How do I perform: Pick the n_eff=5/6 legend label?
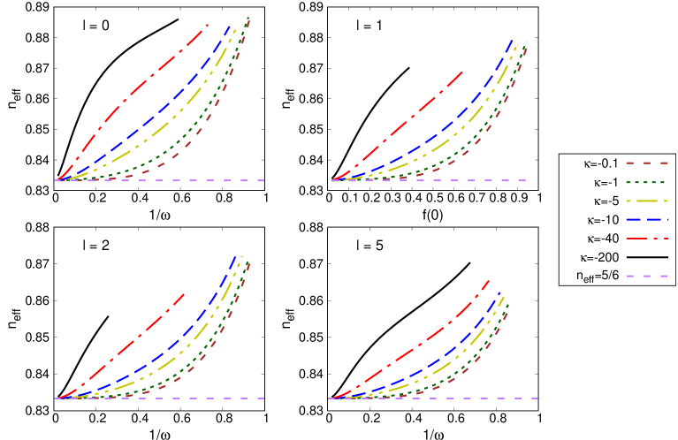(596, 276)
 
